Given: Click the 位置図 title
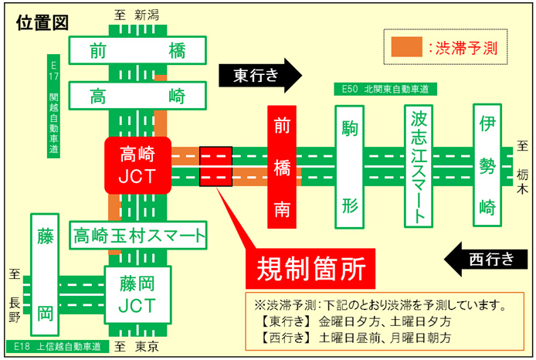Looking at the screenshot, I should (x=42, y=22).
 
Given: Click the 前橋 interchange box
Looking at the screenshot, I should (x=138, y=52).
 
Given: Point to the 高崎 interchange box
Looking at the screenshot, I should (x=138, y=97).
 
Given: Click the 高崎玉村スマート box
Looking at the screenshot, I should (x=139, y=233).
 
